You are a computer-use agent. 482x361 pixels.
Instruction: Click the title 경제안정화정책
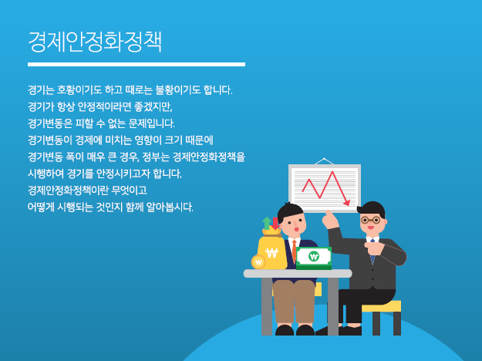[x=95, y=42]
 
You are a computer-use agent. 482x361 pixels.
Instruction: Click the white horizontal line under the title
[x=137, y=64]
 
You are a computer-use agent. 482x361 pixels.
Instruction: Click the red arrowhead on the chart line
[x=347, y=203]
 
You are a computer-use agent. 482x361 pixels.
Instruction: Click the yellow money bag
[x=271, y=251]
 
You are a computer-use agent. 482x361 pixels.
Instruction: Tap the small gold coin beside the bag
[x=258, y=262]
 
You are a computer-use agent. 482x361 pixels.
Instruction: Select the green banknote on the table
[x=314, y=258]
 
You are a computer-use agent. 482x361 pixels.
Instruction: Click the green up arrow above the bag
[x=267, y=223]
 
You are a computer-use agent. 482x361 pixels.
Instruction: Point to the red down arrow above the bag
[x=275, y=224]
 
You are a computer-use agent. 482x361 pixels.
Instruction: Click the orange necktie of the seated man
[x=294, y=251]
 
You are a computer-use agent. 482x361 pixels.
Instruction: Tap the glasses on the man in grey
[x=370, y=220]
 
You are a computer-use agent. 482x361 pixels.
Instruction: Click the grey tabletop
[x=298, y=273]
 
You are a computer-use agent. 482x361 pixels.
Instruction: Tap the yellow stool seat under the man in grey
[x=381, y=306]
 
